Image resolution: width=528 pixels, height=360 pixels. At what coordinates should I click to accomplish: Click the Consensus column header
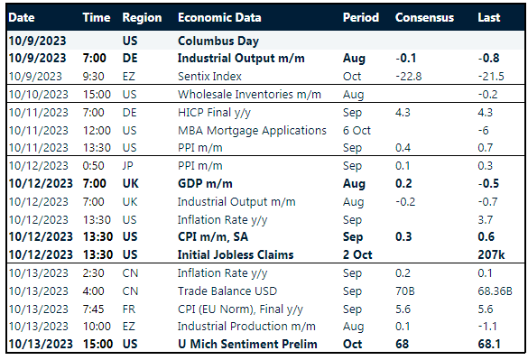point(424,18)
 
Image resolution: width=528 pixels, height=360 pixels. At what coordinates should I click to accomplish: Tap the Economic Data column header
point(219,18)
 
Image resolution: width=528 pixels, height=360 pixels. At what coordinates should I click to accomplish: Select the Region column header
point(142,18)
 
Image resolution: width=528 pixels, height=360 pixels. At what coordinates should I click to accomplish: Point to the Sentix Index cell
point(209,76)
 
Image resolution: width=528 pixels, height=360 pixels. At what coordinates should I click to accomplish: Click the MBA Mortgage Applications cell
point(252,130)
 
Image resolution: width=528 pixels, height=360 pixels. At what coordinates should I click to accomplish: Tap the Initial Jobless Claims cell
point(236,254)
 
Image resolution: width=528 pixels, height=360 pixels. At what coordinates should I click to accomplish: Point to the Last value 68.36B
point(495,291)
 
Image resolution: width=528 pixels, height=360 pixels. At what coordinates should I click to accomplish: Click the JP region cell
point(128,166)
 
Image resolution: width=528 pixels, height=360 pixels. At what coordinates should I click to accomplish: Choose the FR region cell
point(129,308)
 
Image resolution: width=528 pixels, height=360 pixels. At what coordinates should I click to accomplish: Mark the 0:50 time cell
point(94,166)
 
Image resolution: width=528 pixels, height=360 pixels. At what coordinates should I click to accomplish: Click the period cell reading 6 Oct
point(358,130)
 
